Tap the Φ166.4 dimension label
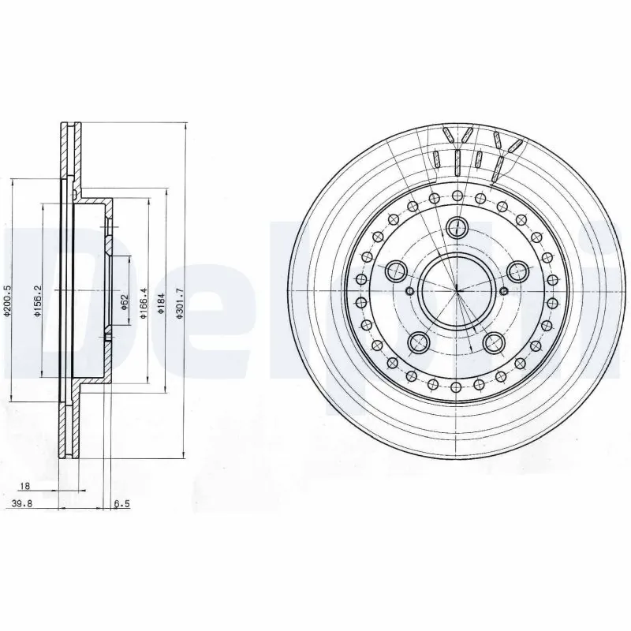click(143, 301)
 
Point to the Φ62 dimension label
click(125, 301)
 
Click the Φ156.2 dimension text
click(37, 301)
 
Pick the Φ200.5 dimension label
click(7, 301)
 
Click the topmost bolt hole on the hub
click(457, 228)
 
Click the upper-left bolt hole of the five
click(395, 272)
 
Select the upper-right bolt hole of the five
click(517, 272)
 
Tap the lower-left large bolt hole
click(418, 343)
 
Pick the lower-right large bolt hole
click(495, 343)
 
